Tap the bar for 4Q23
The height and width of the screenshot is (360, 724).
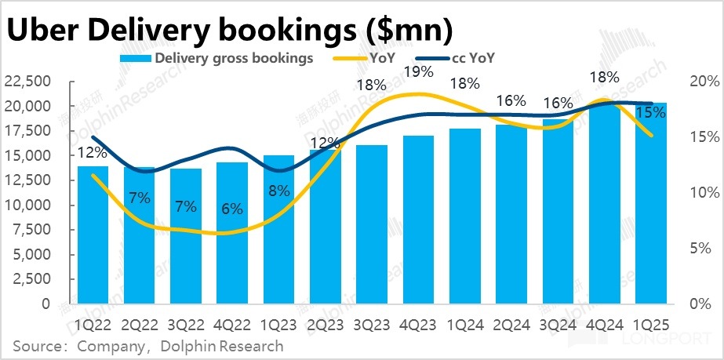coord(417,219)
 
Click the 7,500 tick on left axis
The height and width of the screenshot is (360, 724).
coord(32,231)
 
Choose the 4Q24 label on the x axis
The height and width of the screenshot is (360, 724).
coord(604,322)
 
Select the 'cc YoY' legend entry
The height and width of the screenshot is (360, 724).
coord(473,57)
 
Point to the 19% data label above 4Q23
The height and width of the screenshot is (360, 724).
coord(418,72)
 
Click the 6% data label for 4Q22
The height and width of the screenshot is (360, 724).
coord(232,209)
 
